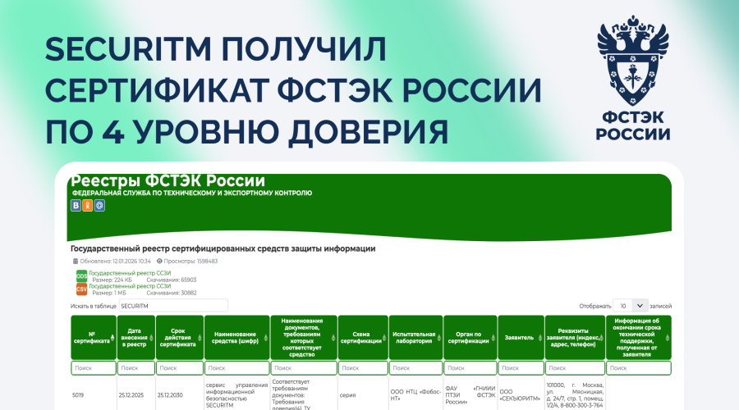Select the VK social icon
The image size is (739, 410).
pos(76,206)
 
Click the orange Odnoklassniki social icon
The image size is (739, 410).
pos(88,206)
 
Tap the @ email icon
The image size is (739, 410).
pos(99,206)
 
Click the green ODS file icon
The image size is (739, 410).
pos(81,276)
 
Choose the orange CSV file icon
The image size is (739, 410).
pos(81,289)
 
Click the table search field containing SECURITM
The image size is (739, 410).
pos(173,306)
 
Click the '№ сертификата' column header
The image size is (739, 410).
pos(93,337)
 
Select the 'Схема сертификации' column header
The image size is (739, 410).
pos(362,337)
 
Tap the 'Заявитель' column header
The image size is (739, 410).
pos(520,337)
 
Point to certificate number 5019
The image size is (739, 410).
pos(79,394)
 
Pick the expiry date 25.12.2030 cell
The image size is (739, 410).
pos(172,394)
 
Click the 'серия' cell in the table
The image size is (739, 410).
pos(347,394)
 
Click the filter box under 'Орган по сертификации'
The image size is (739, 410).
pos(469,368)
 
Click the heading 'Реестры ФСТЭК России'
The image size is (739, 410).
pos(168,180)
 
